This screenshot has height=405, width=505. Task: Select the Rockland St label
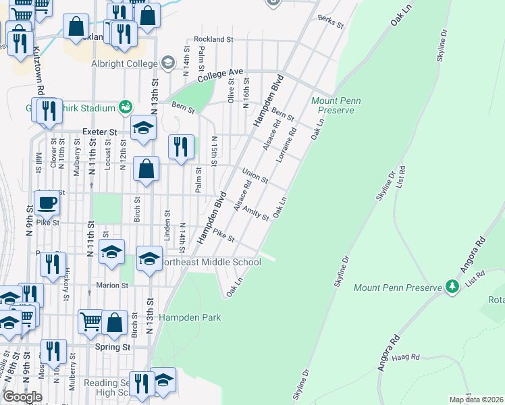click(x=213, y=40)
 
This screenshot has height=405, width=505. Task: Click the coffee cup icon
click(x=47, y=202)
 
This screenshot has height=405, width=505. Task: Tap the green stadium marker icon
click(x=125, y=107)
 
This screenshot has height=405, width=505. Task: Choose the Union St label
click(x=255, y=177)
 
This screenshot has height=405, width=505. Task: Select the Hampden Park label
click(x=190, y=317)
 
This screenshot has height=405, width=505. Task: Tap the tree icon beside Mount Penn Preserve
click(x=452, y=286)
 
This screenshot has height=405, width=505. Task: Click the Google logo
click(x=22, y=397)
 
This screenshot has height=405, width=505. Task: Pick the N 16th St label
click(x=246, y=94)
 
